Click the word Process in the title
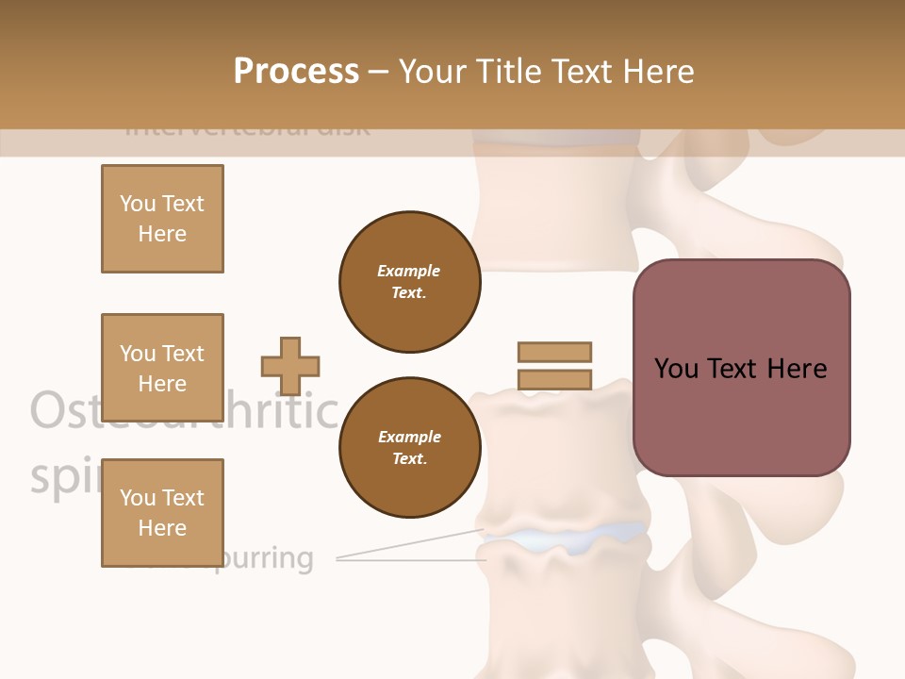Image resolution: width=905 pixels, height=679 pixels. point(296,72)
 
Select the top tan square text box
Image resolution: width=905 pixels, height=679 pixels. point(162,219)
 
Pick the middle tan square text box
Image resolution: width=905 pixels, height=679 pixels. point(162,368)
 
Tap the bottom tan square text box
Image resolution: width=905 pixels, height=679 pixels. point(162,513)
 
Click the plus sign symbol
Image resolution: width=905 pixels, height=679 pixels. point(290,366)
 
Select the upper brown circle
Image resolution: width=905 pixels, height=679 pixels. point(409,282)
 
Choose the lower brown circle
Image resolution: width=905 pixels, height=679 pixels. point(409,448)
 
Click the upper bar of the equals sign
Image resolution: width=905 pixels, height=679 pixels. point(554,353)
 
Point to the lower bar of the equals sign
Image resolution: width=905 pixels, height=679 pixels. point(554,380)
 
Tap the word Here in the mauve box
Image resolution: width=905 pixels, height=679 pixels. point(796,369)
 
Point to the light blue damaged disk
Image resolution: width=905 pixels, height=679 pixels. point(566,537)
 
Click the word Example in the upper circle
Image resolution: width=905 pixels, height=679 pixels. point(409,271)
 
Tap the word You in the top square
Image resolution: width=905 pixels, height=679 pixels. point(137,204)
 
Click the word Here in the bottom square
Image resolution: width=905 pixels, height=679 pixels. point(162,528)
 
